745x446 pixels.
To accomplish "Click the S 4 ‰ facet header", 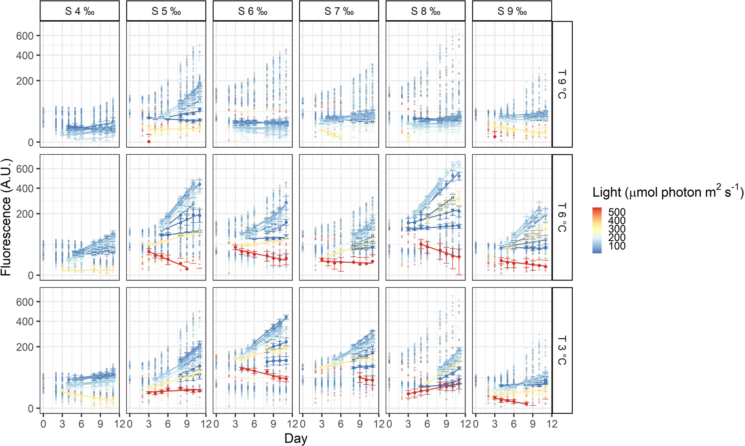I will [80, 11].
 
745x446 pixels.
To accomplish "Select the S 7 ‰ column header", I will [339, 11].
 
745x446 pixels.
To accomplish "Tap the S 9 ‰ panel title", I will [512, 11].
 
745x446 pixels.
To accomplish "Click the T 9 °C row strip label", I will [562, 84].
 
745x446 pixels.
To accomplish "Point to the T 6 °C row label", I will [562, 217].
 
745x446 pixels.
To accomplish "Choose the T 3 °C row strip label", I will [562, 350].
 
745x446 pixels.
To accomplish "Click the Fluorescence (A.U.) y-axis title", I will [6, 217].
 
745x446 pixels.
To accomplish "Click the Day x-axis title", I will [296, 438].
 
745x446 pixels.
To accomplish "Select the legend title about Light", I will [668, 192].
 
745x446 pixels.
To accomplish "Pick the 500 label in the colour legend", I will [617, 212].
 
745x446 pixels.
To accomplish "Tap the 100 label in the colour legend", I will [617, 246].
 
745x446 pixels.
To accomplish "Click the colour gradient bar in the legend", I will [597, 230].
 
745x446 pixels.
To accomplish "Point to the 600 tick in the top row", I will [25, 36].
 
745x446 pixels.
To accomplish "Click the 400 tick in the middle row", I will [25, 188].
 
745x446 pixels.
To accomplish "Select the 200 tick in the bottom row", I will [25, 347].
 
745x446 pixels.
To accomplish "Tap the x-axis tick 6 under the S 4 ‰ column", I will [81, 424].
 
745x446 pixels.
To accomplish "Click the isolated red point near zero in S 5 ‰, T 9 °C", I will [149, 142].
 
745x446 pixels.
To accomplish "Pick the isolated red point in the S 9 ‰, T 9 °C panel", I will [495, 137].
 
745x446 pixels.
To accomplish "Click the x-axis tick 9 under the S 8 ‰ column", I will [446, 424].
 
